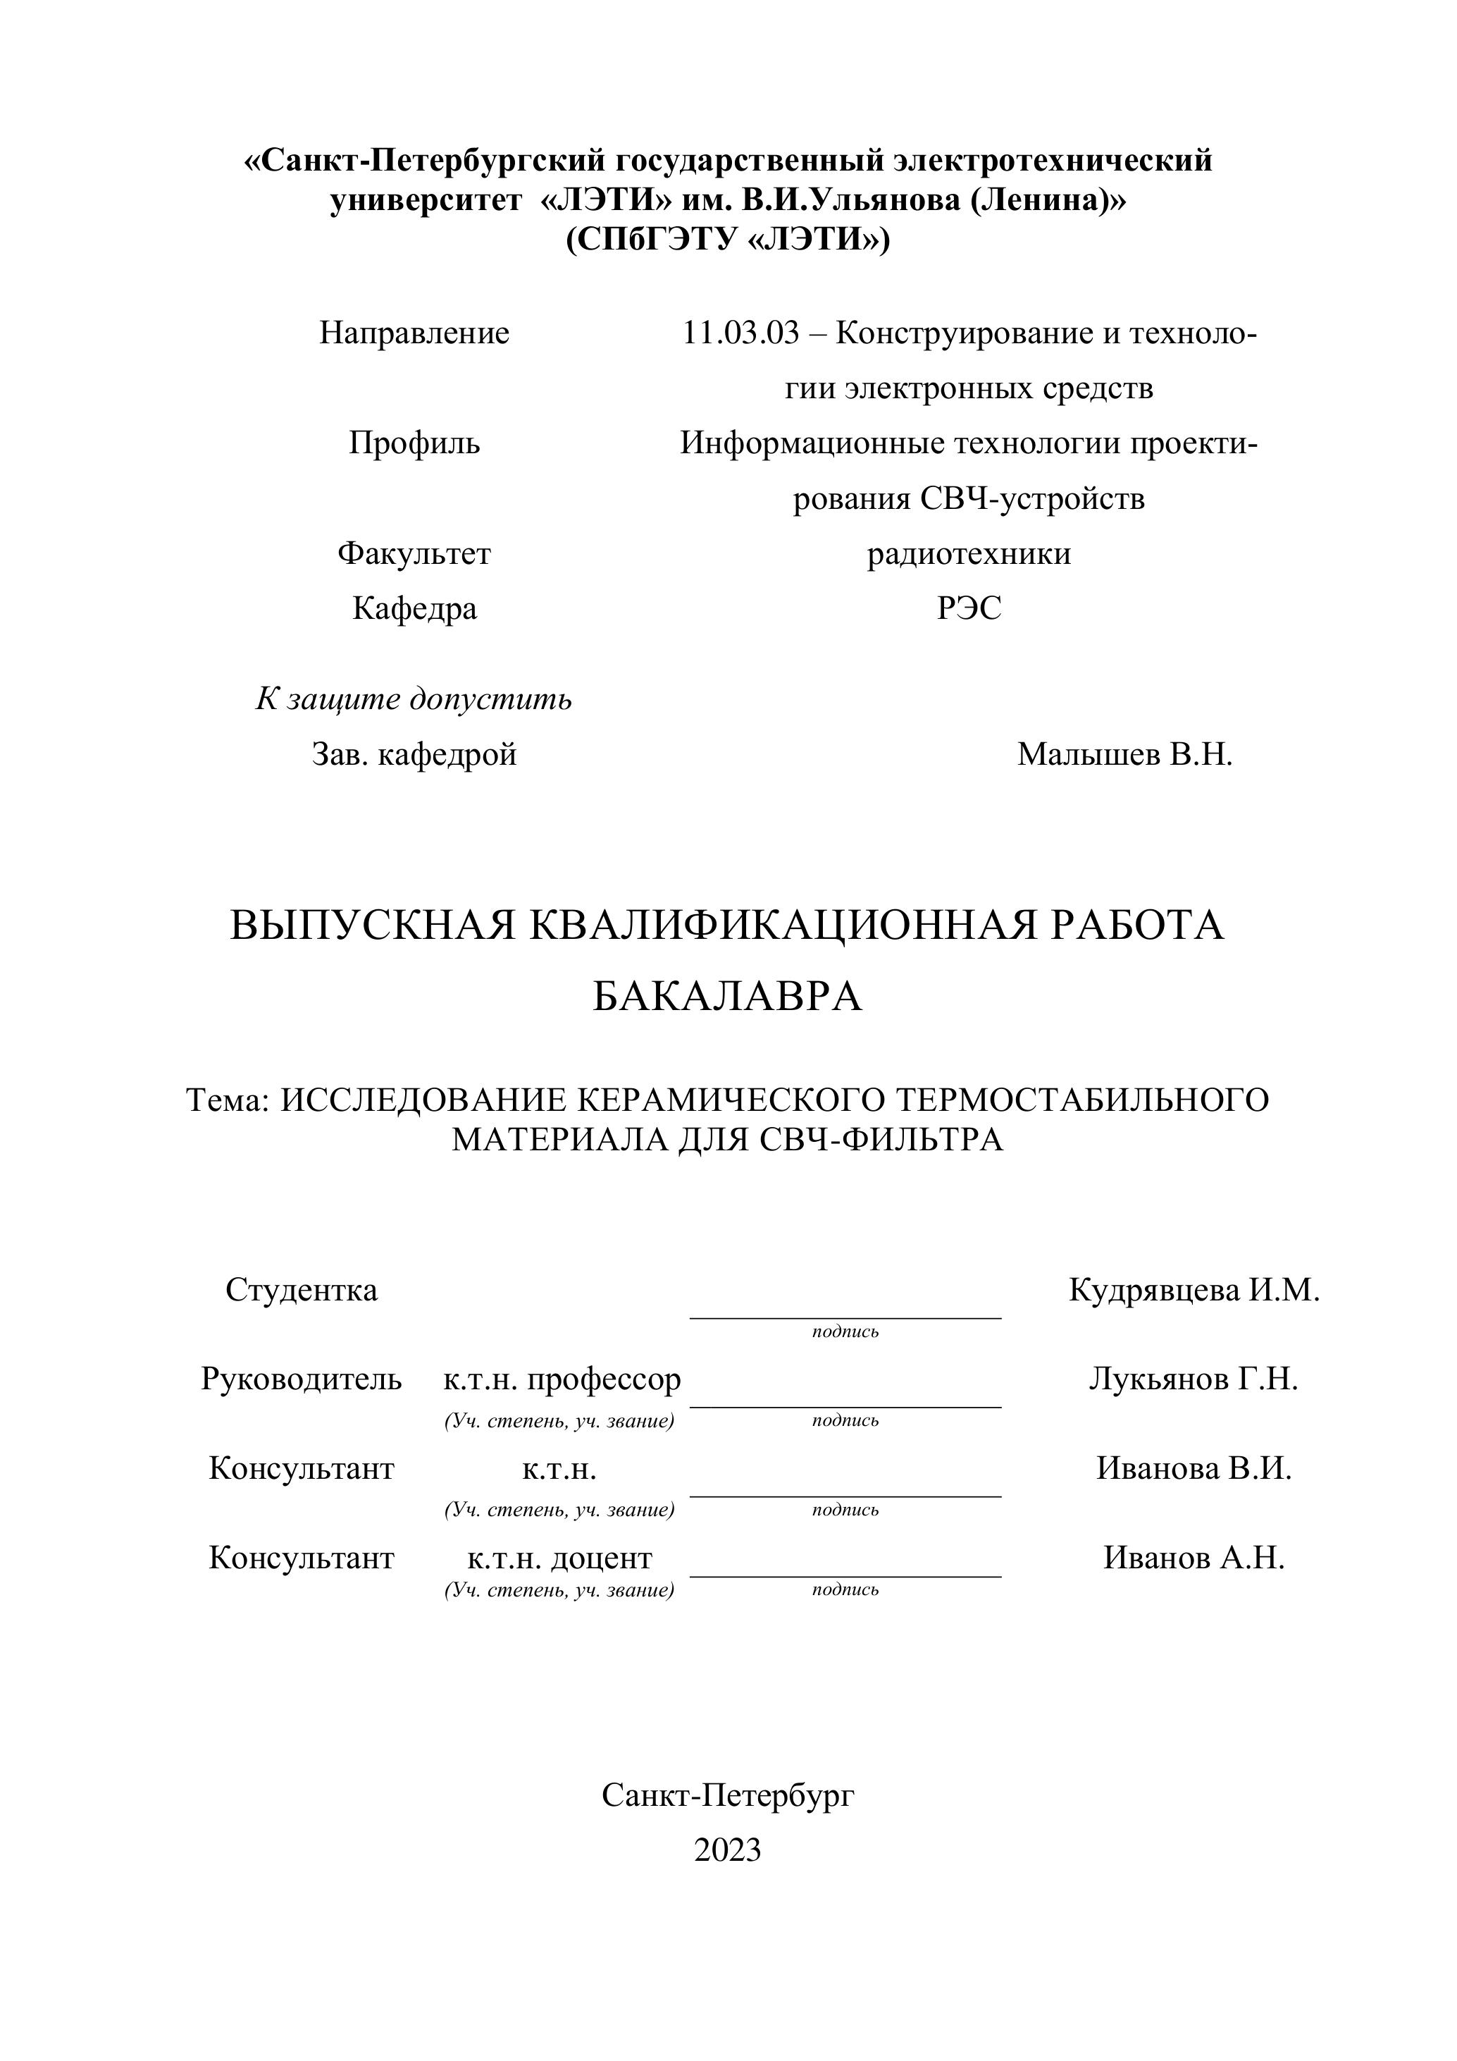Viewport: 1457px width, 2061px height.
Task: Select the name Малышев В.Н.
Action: (x=1125, y=754)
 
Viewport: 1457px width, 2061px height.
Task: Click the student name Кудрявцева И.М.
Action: (x=1194, y=1290)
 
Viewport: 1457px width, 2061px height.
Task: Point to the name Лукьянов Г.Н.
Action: (x=1194, y=1378)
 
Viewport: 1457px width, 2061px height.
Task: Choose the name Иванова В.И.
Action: (x=1194, y=1468)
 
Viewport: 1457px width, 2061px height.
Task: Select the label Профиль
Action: (x=414, y=443)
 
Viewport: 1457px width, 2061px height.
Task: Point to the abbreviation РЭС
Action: (x=969, y=608)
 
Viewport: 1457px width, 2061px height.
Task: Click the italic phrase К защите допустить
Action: (x=414, y=699)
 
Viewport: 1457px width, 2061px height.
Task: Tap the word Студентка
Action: (x=302, y=1290)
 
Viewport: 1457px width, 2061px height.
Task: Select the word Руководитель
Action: (x=302, y=1378)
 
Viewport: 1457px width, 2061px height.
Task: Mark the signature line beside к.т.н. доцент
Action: (x=845, y=1575)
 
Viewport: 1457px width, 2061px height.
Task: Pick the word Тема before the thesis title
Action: (x=226, y=1100)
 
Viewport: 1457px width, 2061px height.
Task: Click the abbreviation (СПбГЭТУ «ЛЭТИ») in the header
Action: (x=728, y=240)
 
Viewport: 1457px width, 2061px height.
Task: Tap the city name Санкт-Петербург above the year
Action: (x=728, y=1795)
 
